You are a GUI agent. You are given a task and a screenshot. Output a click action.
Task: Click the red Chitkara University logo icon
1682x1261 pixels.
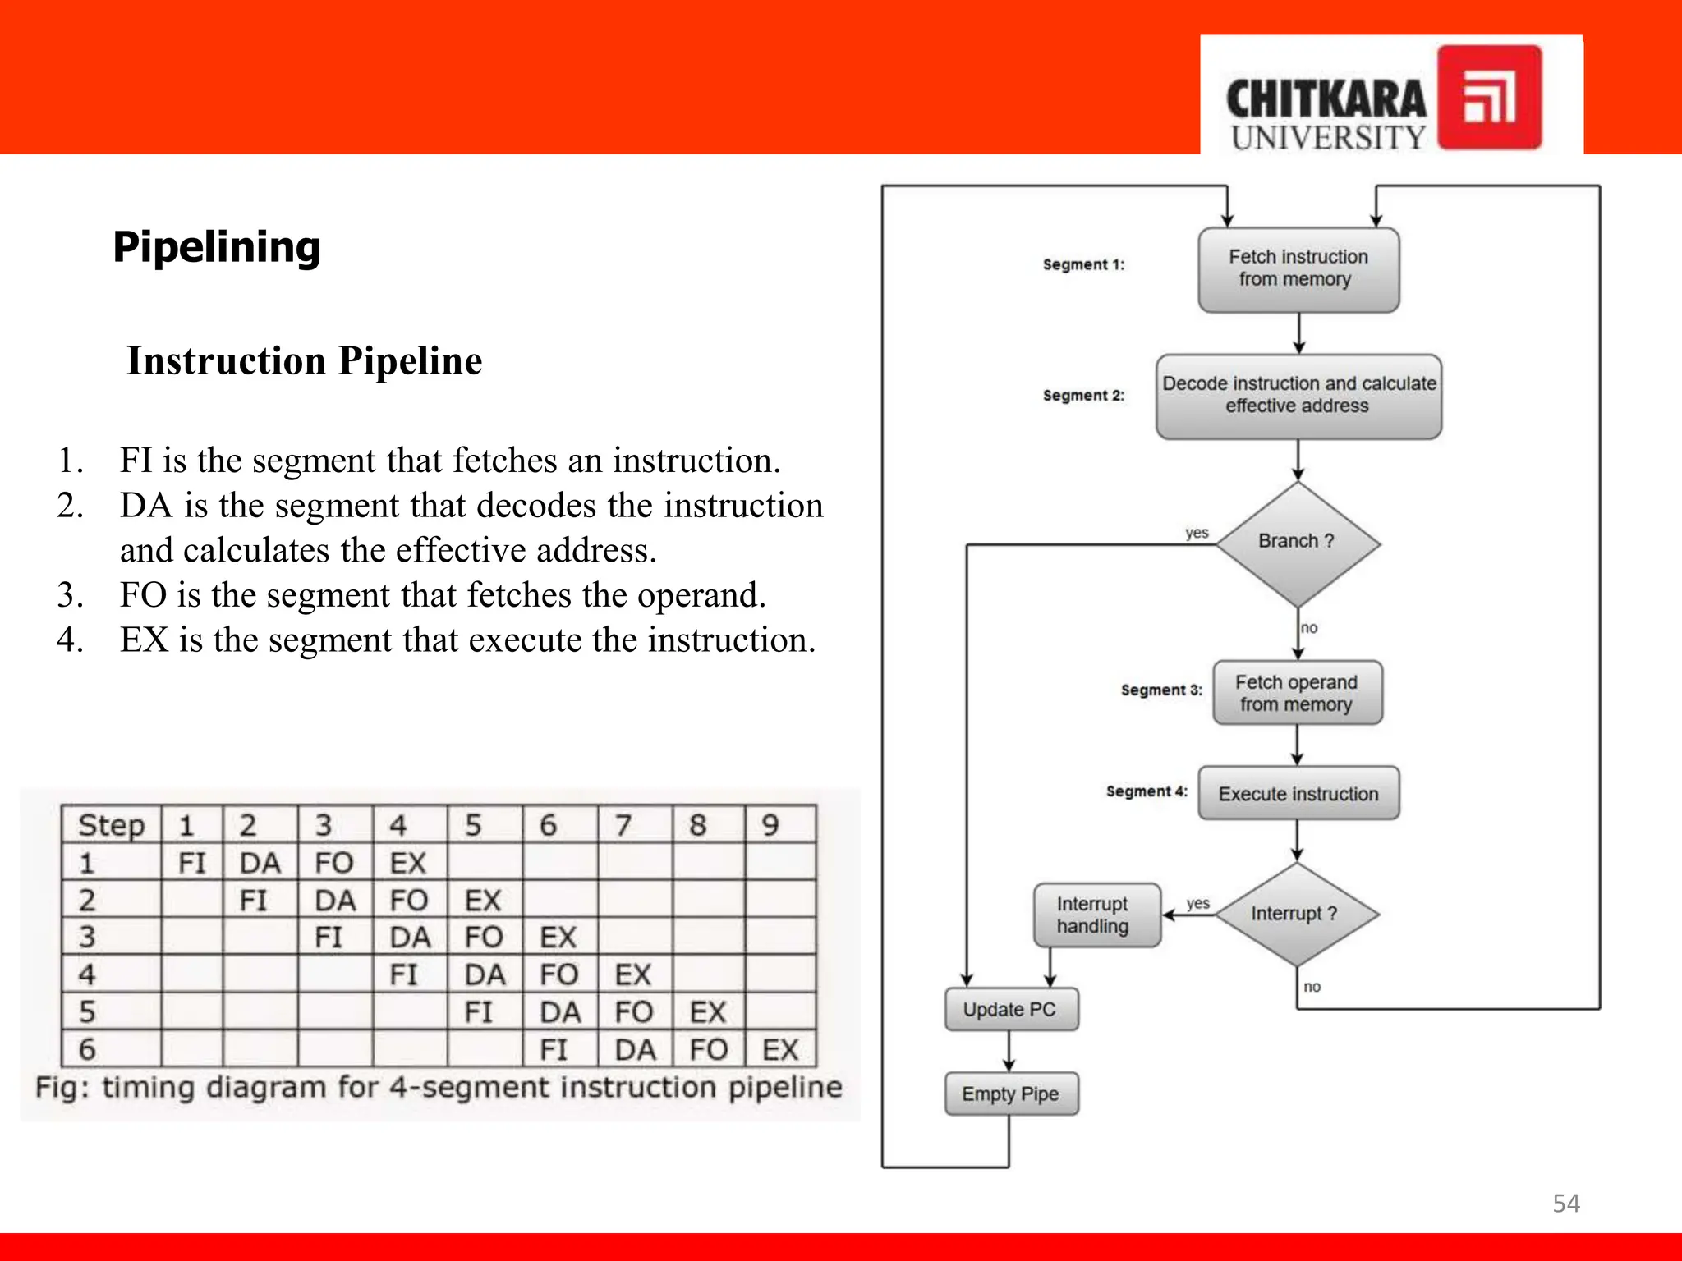click(x=1489, y=98)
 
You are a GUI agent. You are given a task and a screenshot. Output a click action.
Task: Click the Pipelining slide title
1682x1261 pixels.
click(x=217, y=247)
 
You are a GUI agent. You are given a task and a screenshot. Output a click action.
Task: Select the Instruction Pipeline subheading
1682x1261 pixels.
click(x=305, y=361)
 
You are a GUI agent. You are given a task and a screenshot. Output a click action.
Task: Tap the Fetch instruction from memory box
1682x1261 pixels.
click(x=1298, y=269)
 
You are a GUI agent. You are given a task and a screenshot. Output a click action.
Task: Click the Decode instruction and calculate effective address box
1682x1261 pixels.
click(x=1298, y=396)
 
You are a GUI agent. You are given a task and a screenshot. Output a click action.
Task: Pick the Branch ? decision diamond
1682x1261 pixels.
click(x=1297, y=543)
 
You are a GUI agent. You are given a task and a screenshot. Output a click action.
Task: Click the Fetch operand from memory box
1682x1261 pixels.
click(x=1297, y=693)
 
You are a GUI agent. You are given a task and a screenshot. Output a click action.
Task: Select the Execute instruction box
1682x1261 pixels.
click(x=1298, y=794)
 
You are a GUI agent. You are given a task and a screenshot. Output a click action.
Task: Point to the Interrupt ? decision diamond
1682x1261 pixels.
click(x=1296, y=914)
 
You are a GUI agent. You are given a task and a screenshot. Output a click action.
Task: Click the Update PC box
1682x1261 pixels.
click(x=1010, y=1010)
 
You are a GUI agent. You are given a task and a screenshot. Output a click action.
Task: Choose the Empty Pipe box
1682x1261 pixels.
click(x=1010, y=1094)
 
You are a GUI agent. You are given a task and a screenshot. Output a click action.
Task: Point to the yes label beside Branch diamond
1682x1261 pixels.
click(x=1197, y=533)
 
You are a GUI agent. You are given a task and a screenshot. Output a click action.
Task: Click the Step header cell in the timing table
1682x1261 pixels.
click(x=111, y=825)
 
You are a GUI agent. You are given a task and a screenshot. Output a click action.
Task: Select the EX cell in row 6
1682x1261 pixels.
click(x=780, y=1050)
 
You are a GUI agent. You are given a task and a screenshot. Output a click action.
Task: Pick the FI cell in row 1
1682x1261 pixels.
click(x=192, y=863)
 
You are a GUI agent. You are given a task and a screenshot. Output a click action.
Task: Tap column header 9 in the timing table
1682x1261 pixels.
click(x=770, y=825)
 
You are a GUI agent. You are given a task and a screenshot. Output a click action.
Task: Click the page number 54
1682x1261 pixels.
click(x=1565, y=1204)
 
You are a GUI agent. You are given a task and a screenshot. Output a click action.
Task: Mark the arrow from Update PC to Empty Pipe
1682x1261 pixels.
click(x=1009, y=1052)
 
